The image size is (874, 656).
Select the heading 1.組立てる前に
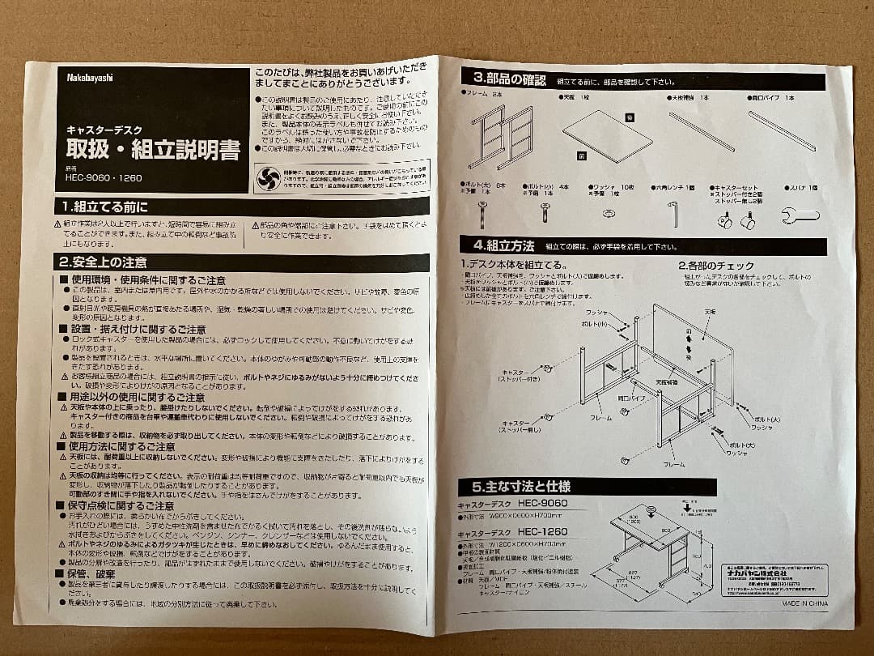[x=103, y=207]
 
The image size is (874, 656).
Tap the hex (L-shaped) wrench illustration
[x=674, y=214]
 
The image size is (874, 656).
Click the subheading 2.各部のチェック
[x=716, y=265]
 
